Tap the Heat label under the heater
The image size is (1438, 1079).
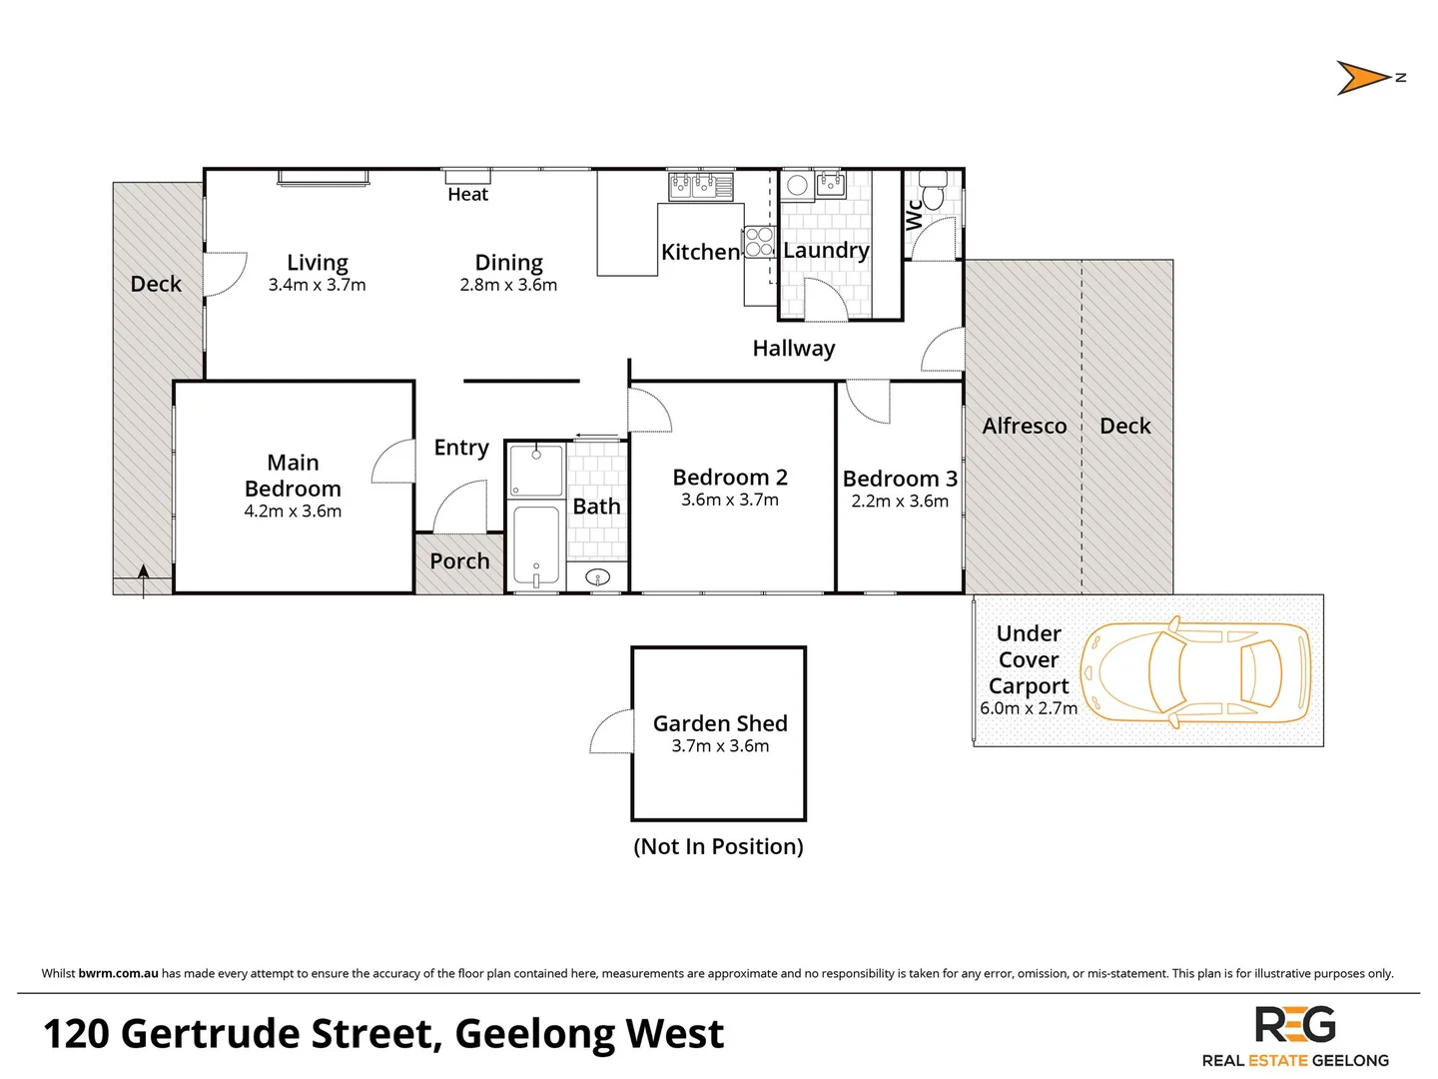[x=467, y=195]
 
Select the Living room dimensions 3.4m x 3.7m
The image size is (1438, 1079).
[x=317, y=286]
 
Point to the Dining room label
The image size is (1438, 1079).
[x=508, y=262]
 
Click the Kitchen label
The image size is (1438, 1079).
[x=700, y=252]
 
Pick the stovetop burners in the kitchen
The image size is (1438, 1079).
[x=759, y=242]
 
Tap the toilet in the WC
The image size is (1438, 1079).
[x=933, y=190]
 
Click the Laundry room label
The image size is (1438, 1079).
[x=826, y=250]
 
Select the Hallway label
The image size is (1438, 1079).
[x=793, y=348]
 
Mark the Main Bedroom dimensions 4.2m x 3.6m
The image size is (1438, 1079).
[x=293, y=512]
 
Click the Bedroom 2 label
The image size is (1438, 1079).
[x=730, y=477]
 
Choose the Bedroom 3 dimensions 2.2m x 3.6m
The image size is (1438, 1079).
[x=900, y=502]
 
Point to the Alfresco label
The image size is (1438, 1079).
[x=1024, y=426]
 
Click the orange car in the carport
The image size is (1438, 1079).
[x=1195, y=670]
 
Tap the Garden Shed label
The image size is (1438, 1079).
[x=720, y=723]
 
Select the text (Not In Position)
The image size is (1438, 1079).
[x=718, y=846]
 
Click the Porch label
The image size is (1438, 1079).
[x=459, y=561]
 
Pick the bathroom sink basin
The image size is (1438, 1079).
[x=597, y=576]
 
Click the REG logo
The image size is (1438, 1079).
[x=1295, y=1025]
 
